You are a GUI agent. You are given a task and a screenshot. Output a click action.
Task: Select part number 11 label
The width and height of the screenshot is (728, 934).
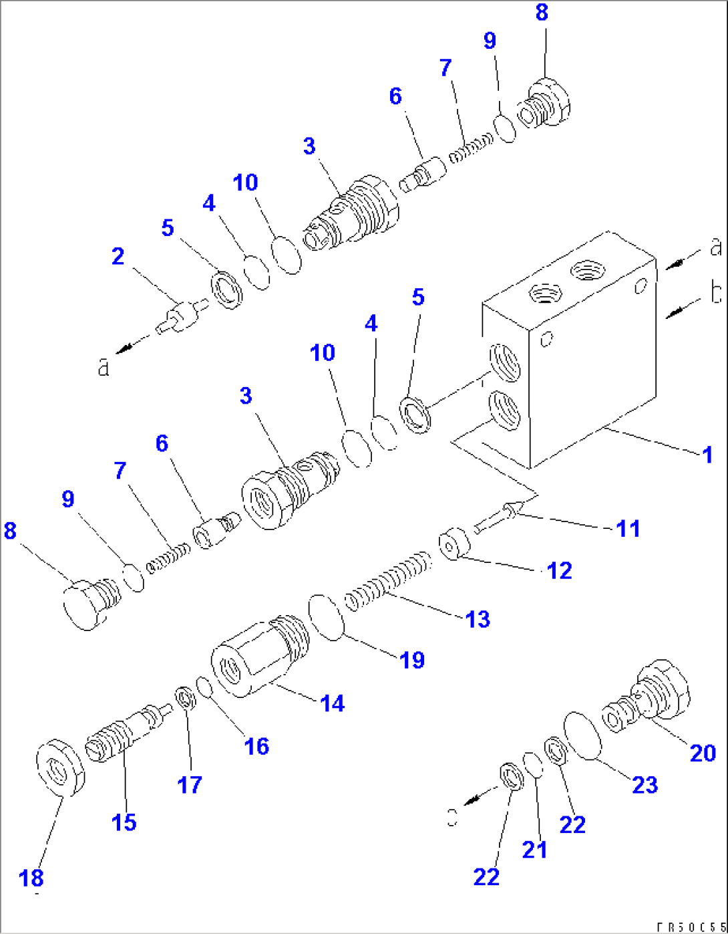(x=628, y=529)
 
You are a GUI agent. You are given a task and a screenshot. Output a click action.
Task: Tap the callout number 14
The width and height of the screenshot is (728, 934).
(x=332, y=703)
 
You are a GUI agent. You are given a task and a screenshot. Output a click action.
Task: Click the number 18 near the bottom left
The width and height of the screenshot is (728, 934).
(x=31, y=878)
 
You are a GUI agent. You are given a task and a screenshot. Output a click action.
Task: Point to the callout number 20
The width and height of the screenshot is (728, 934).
(x=703, y=753)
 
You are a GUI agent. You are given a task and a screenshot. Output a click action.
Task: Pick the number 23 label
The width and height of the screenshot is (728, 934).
(x=645, y=785)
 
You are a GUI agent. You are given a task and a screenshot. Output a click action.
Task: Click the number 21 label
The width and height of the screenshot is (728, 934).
(x=534, y=850)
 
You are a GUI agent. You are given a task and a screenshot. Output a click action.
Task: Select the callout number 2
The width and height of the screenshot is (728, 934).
(x=118, y=256)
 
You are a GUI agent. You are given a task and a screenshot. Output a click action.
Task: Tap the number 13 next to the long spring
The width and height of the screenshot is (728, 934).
(x=478, y=619)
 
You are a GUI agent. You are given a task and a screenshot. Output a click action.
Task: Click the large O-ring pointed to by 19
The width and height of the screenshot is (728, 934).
(x=326, y=617)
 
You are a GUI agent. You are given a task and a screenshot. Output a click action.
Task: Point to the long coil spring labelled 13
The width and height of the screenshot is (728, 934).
(x=388, y=580)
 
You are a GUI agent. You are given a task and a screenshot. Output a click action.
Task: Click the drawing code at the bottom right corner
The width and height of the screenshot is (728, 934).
(x=691, y=927)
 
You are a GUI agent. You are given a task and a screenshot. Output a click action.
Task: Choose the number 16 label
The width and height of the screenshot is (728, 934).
(x=256, y=746)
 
